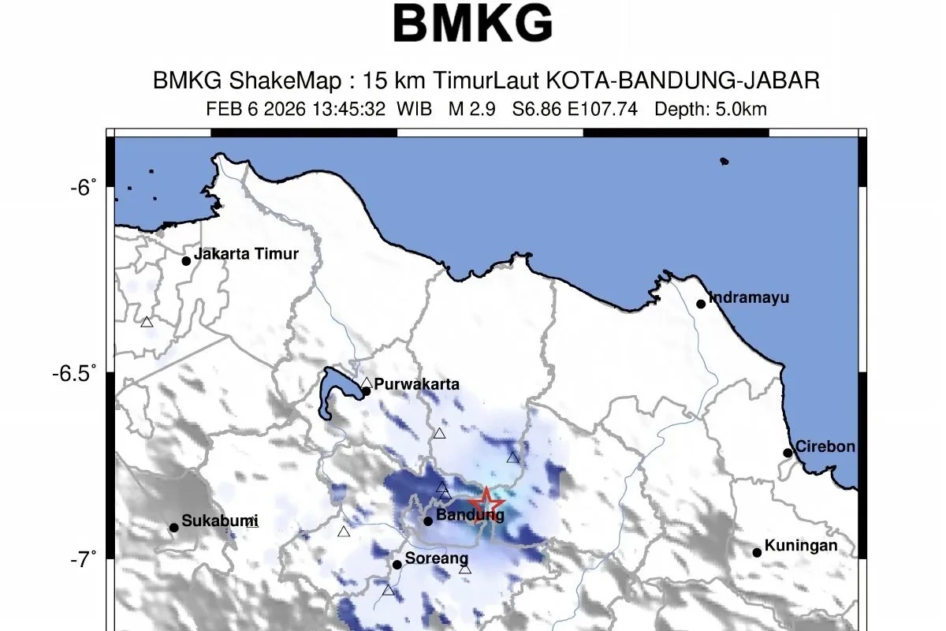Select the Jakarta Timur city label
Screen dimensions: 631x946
246,254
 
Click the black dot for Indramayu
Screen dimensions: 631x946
701,304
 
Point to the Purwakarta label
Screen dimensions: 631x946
416,385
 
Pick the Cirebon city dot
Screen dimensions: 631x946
788,453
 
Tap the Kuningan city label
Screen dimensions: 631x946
801,546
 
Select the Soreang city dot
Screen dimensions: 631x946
397,564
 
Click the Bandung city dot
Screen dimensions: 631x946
428,521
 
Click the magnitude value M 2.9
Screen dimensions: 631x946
471,110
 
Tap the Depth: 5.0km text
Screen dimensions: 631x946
710,110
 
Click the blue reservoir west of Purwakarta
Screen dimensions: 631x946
331,390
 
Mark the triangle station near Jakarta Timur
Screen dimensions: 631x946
147,322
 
